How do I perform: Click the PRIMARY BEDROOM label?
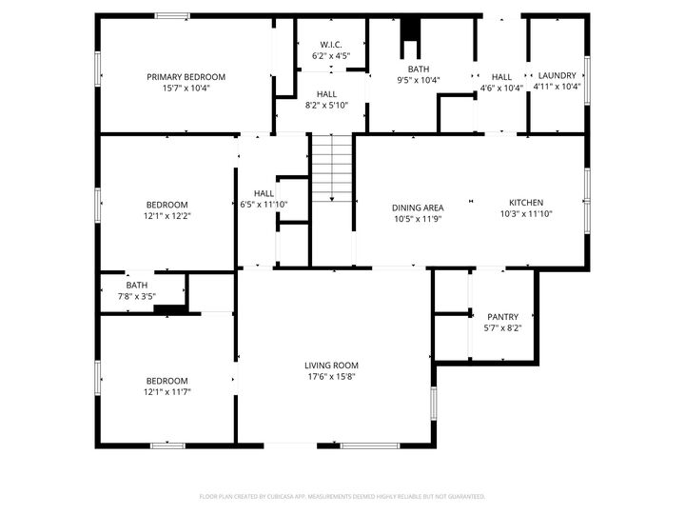coord(186,77)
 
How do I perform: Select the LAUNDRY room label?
coord(557,76)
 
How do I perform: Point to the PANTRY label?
coord(502,317)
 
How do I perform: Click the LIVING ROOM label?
coord(331,366)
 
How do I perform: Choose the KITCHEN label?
coord(525,203)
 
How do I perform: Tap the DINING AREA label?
coord(418,208)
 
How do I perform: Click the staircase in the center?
coord(331,167)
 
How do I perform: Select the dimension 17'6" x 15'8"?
coord(331,376)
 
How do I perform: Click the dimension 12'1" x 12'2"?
coord(166,216)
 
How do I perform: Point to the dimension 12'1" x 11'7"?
coord(166,391)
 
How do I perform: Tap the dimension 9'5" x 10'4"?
coord(419,80)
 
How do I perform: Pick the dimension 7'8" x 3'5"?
coord(137,296)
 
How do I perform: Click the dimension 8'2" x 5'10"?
coord(326,105)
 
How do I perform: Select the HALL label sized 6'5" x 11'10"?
coord(264,193)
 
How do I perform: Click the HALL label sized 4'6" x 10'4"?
coord(501,77)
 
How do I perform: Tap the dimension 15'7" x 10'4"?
coord(186,88)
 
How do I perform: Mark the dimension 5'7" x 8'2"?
coord(502,328)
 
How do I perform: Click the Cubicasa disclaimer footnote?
coord(342,496)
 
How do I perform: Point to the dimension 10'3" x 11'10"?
coord(525,214)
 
